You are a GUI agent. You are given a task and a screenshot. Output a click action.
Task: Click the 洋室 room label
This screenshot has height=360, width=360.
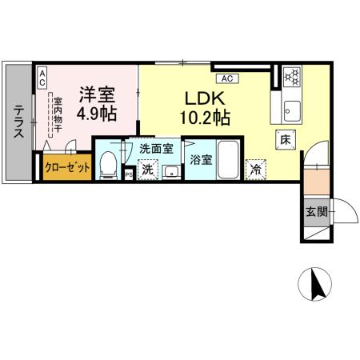coord(96,93)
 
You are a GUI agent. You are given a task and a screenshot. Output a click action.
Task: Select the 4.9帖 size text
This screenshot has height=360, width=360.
coord(96,113)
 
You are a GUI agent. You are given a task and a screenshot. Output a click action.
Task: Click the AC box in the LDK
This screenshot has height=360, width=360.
coord(226,78)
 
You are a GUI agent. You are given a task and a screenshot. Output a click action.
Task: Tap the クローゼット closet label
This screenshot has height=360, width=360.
coord(63,170)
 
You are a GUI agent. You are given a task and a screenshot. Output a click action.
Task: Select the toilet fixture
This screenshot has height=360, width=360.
coord(108,166)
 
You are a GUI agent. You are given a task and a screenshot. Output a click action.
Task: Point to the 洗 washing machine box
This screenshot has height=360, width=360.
coord(146,170)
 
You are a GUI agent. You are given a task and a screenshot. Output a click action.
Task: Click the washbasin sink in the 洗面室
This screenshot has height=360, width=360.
coord(171,170)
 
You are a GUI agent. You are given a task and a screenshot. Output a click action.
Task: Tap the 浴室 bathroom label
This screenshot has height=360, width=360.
coord(201,159)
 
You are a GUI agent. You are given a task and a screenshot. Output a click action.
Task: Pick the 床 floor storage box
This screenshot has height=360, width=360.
coord(285,139)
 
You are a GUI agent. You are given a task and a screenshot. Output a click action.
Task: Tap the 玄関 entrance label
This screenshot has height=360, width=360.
coord(315,212)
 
